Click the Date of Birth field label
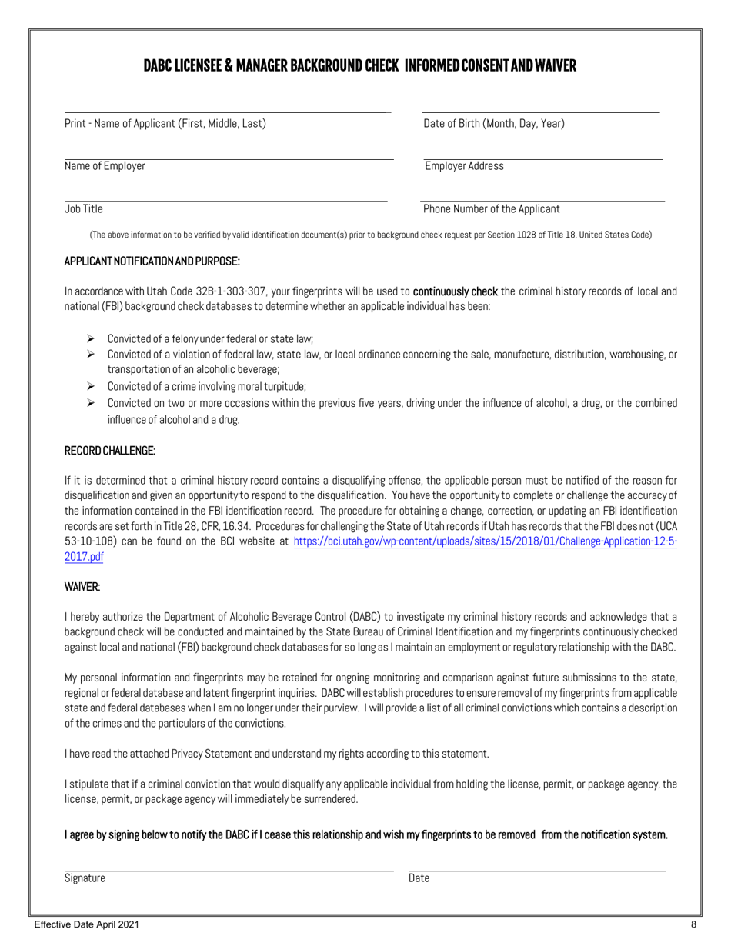(493, 123)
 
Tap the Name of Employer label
(105, 166)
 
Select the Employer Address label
(464, 166)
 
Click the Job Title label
(84, 208)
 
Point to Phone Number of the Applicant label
(491, 208)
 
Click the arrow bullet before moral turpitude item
(90, 386)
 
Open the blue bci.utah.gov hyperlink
(485, 541)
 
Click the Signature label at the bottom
(85, 878)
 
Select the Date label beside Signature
(419, 878)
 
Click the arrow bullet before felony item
(90, 338)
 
